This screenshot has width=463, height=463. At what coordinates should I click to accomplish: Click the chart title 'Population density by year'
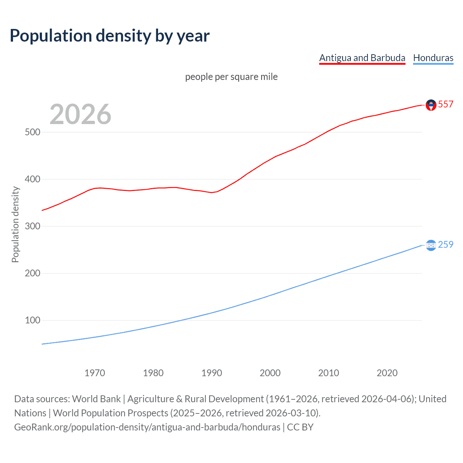pos(110,36)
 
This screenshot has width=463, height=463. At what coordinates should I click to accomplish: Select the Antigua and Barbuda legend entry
pos(362,58)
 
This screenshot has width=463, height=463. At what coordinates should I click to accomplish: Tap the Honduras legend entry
pos(433,58)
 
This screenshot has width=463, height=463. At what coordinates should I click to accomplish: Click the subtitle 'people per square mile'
pos(231,77)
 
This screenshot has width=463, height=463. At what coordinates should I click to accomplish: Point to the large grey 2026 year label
pos(80,114)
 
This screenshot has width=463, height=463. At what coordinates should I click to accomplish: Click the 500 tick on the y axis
pos(33,132)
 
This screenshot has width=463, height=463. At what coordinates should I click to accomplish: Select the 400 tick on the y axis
pos(33,179)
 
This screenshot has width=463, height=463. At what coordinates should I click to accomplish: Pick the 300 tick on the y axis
pos(33,226)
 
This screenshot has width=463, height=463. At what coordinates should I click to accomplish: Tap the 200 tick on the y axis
pos(33,273)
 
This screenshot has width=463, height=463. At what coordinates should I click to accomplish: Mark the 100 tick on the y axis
pos(33,320)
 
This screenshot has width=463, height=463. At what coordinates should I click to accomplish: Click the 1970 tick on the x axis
pos(95,373)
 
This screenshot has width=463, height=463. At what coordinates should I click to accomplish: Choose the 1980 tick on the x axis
pos(153,373)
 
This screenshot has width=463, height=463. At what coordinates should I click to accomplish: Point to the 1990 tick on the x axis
pos(212,373)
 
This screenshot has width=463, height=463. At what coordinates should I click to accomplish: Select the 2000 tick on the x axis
pos(270,373)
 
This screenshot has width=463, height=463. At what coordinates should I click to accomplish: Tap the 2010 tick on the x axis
pos(328,373)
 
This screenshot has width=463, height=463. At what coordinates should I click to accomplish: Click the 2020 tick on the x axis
pos(387,373)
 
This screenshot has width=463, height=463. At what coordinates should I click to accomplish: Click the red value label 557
pos(446,104)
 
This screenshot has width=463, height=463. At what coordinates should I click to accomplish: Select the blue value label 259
pos(446,245)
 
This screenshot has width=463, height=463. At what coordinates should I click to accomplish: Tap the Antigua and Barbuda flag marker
pos(431,105)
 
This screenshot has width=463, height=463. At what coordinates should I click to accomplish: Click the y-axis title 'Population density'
pos(15,224)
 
